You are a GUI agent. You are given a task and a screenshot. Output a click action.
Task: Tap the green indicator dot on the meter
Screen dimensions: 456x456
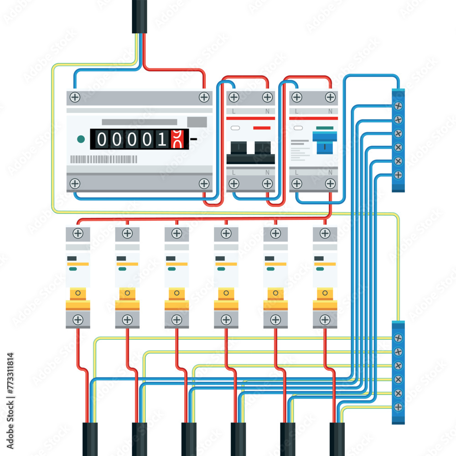click(x=81, y=139)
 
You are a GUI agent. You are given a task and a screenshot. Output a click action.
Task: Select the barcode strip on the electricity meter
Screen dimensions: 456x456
click(x=104, y=159)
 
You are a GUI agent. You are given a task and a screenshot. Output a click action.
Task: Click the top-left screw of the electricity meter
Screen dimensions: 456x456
click(x=75, y=97)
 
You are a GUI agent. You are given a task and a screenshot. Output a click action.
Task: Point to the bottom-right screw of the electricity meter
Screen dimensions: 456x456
click(x=204, y=183)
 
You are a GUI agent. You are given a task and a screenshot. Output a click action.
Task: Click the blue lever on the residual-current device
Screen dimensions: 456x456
click(x=325, y=140)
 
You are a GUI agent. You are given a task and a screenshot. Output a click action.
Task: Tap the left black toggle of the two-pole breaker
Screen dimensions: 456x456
click(x=238, y=149)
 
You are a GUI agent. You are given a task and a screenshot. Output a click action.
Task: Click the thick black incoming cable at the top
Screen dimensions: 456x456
click(x=140, y=16)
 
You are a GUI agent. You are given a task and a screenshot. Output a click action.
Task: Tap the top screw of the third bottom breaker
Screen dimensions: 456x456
click(x=177, y=233)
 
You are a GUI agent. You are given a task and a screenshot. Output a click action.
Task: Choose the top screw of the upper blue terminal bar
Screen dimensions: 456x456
click(x=398, y=106)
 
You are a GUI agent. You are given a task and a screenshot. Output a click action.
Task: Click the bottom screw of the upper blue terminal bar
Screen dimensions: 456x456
click(x=398, y=175)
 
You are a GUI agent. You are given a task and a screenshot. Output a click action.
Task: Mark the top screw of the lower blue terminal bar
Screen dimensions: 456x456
click(x=398, y=338)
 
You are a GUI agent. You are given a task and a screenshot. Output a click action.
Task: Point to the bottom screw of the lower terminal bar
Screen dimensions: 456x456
click(x=398, y=406)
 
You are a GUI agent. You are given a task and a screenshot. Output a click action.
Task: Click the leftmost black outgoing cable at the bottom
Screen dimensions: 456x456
click(x=90, y=439)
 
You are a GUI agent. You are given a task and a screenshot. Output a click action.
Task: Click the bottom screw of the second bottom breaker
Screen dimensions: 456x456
click(x=127, y=320)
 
